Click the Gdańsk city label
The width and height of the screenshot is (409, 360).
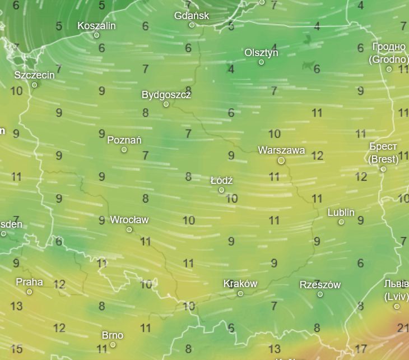(x=192, y=16)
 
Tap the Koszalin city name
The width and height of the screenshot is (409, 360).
(x=96, y=26)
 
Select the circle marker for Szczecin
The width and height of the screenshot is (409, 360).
(x=34, y=85)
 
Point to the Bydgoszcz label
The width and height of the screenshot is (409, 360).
(x=166, y=95)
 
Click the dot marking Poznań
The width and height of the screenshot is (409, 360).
(x=124, y=149)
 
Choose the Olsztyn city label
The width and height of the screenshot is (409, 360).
(x=261, y=53)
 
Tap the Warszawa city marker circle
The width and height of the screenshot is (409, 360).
(x=281, y=160)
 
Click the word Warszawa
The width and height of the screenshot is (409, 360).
(x=281, y=150)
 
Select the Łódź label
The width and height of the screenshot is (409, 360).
(x=221, y=181)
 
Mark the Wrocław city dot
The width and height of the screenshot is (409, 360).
(x=129, y=229)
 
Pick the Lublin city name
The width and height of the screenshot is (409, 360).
(x=341, y=213)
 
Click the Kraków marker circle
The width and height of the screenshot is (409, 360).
(x=240, y=293)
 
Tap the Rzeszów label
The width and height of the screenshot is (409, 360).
(x=320, y=285)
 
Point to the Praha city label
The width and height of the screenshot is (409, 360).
(x=29, y=282)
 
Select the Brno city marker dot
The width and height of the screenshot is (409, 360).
(x=113, y=344)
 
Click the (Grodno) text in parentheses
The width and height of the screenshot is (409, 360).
(x=388, y=59)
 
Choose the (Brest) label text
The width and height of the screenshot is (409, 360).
(x=383, y=159)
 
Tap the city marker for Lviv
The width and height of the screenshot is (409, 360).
(x=397, y=306)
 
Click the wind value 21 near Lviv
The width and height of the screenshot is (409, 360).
(x=402, y=327)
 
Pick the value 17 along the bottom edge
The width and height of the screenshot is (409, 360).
(x=360, y=349)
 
